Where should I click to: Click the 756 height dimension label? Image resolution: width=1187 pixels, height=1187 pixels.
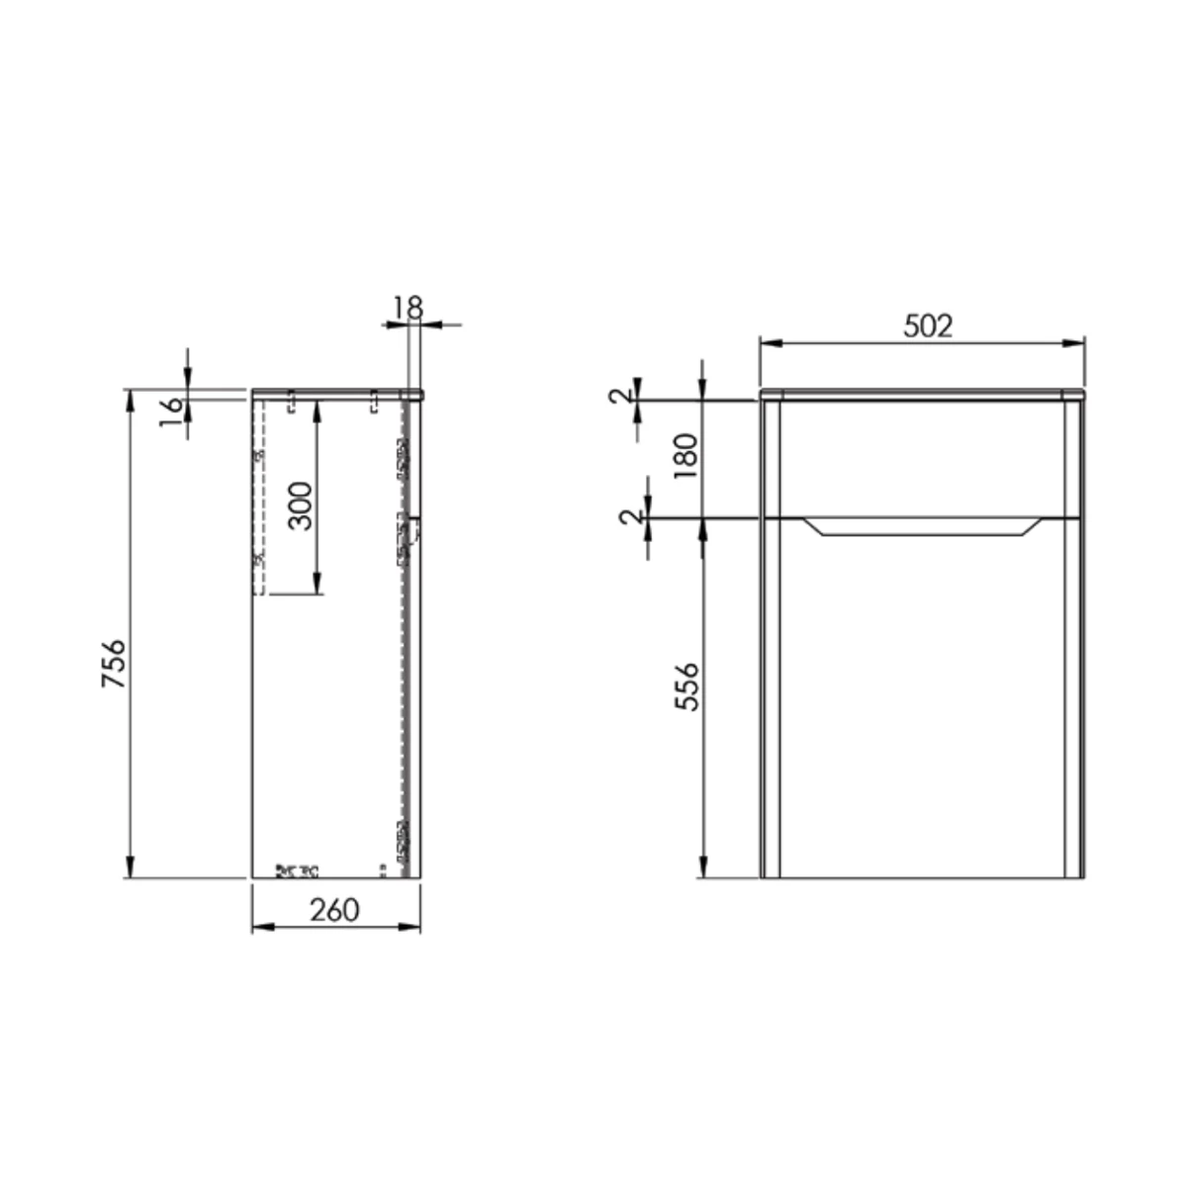[115, 665]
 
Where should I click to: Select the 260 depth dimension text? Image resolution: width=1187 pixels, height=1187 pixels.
[334, 910]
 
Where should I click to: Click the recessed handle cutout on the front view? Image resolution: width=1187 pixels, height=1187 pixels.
[921, 526]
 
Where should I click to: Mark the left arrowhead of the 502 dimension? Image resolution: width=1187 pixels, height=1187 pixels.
[767, 344]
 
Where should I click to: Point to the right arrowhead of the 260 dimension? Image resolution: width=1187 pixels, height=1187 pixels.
[413, 927]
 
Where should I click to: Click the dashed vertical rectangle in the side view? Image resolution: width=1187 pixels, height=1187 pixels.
[259, 495]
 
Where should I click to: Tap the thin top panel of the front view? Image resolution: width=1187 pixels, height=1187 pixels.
[922, 395]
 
